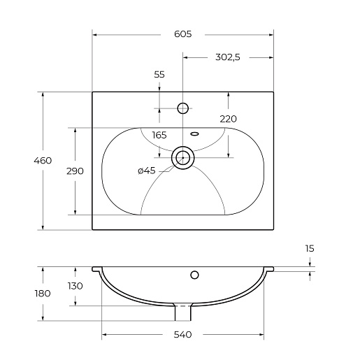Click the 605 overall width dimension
point(183,34)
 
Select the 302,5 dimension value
point(228,57)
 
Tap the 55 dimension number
point(159,75)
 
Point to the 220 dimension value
point(229,119)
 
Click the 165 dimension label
point(159,135)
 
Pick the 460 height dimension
point(43,161)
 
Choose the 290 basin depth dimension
point(75,171)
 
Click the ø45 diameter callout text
point(147,171)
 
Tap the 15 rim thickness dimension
point(310,249)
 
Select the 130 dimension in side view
point(75,286)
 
